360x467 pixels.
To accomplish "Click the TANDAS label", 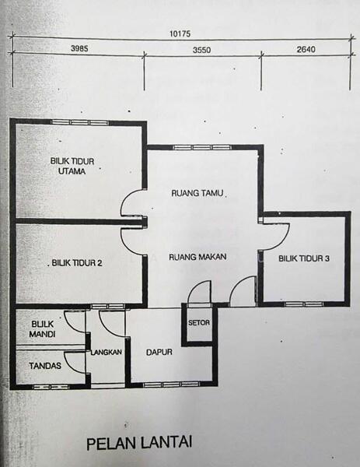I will (x=35, y=364).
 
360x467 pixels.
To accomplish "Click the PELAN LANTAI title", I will (x=139, y=443).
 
